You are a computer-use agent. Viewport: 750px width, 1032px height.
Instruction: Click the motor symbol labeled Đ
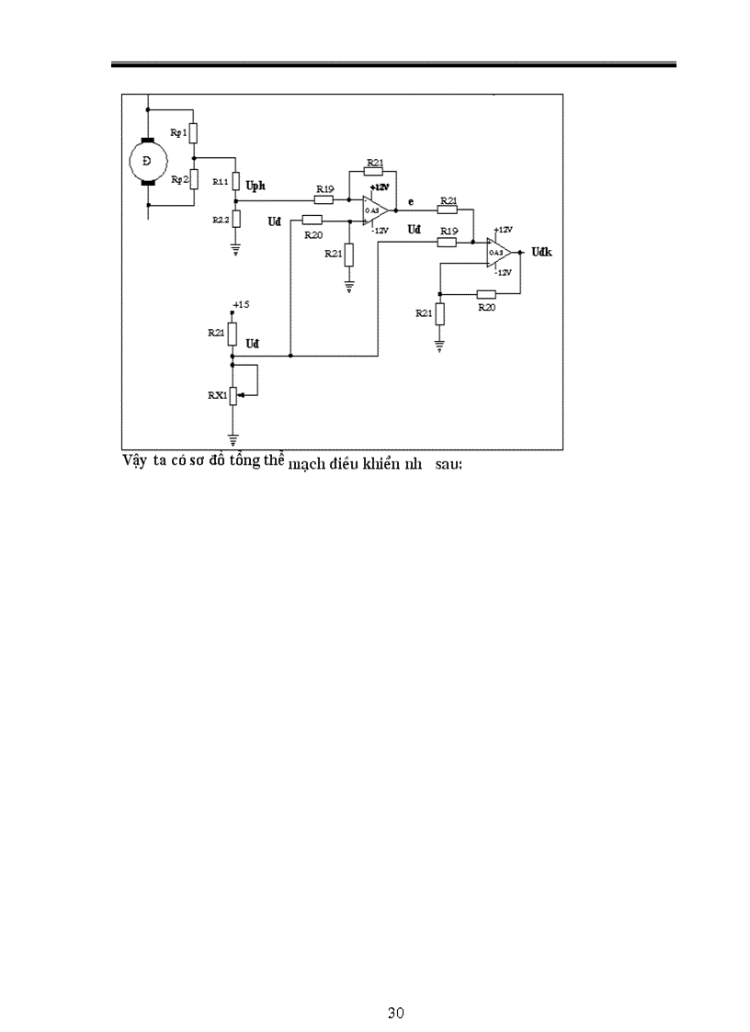click(x=145, y=163)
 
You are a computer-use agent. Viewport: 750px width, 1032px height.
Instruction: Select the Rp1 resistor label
click(x=179, y=132)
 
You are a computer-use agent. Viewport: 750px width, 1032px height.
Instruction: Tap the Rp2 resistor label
click(x=179, y=179)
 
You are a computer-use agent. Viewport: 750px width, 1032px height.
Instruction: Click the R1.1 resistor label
click(x=221, y=182)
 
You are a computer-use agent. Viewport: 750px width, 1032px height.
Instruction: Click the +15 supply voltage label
click(x=242, y=304)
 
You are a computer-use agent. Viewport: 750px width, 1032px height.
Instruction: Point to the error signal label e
click(x=410, y=200)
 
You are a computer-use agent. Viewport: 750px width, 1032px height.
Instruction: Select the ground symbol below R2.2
click(x=236, y=246)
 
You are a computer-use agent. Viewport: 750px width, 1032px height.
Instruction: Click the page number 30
click(x=396, y=1014)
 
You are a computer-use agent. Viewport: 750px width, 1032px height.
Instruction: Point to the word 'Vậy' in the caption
click(x=135, y=460)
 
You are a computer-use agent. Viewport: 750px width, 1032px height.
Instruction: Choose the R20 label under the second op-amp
click(x=487, y=308)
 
